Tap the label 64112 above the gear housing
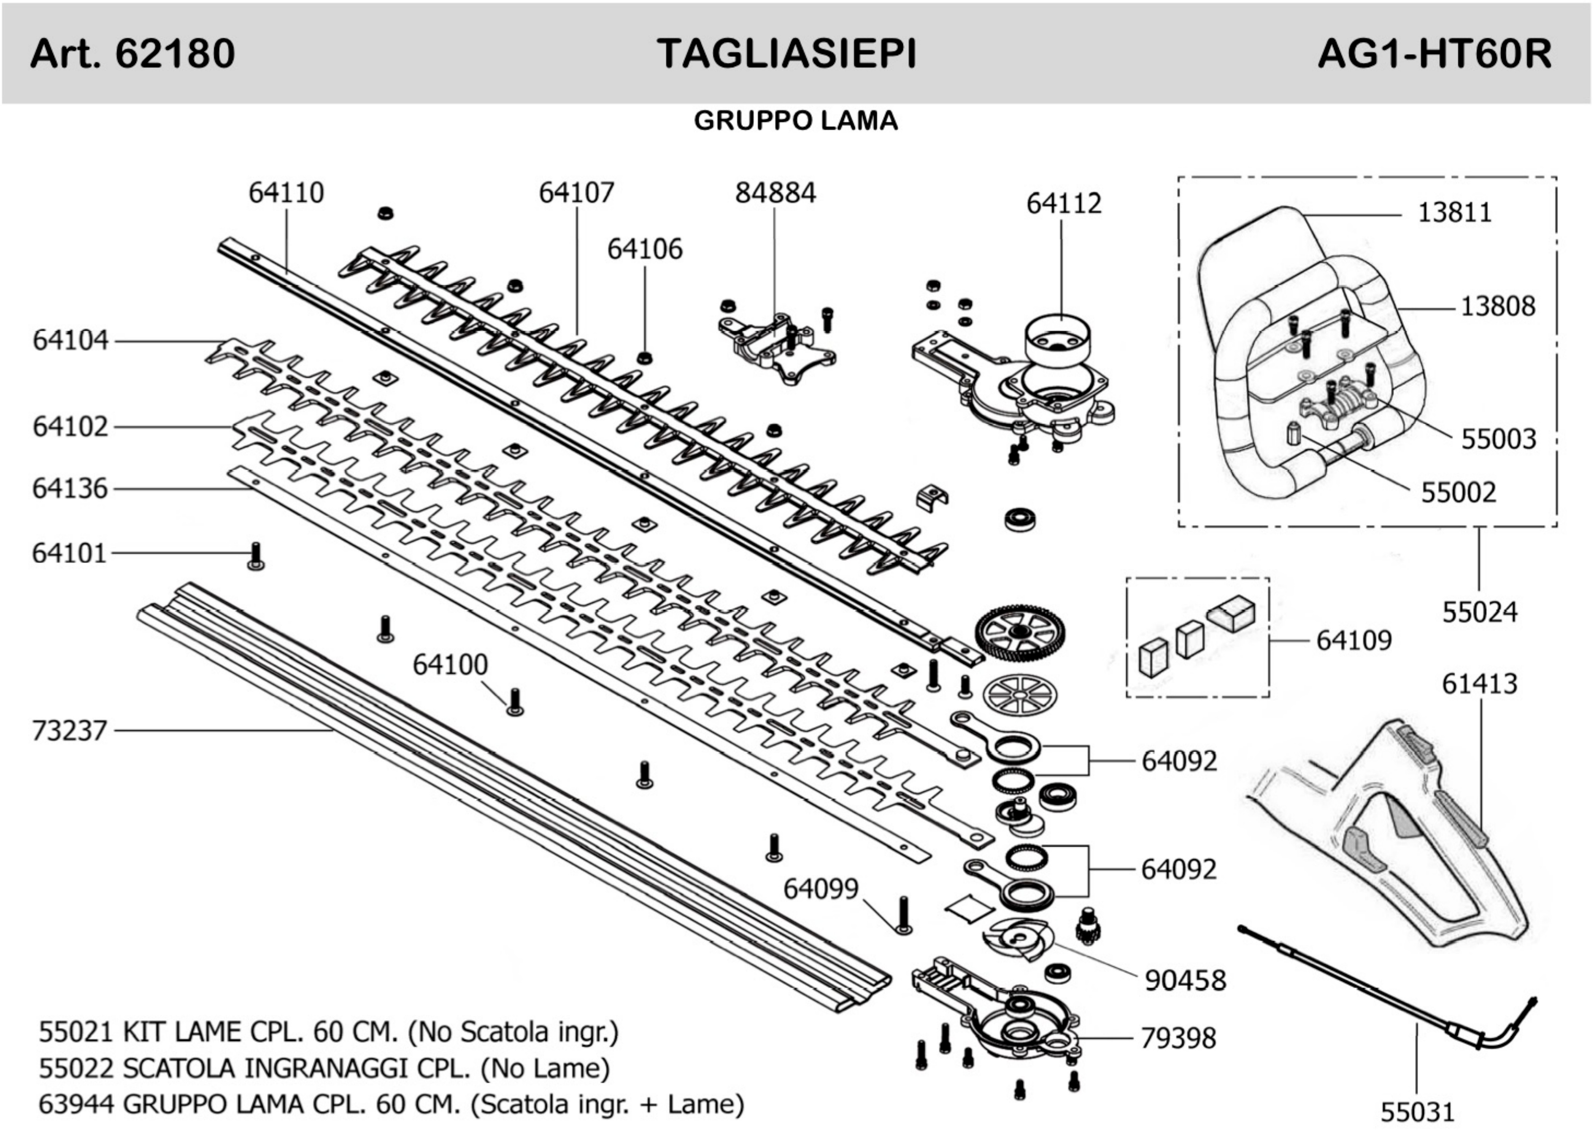coord(1063,204)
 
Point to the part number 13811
coord(1454,212)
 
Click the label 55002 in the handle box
coord(1458,493)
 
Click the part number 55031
coord(1417,1112)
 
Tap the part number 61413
coord(1479,684)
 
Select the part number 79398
coord(1178,1038)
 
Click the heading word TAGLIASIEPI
coord(786,54)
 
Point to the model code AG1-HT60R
coord(1434,54)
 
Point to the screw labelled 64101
coord(255,557)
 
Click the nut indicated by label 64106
coord(645,358)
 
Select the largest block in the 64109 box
coord(1232,612)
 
